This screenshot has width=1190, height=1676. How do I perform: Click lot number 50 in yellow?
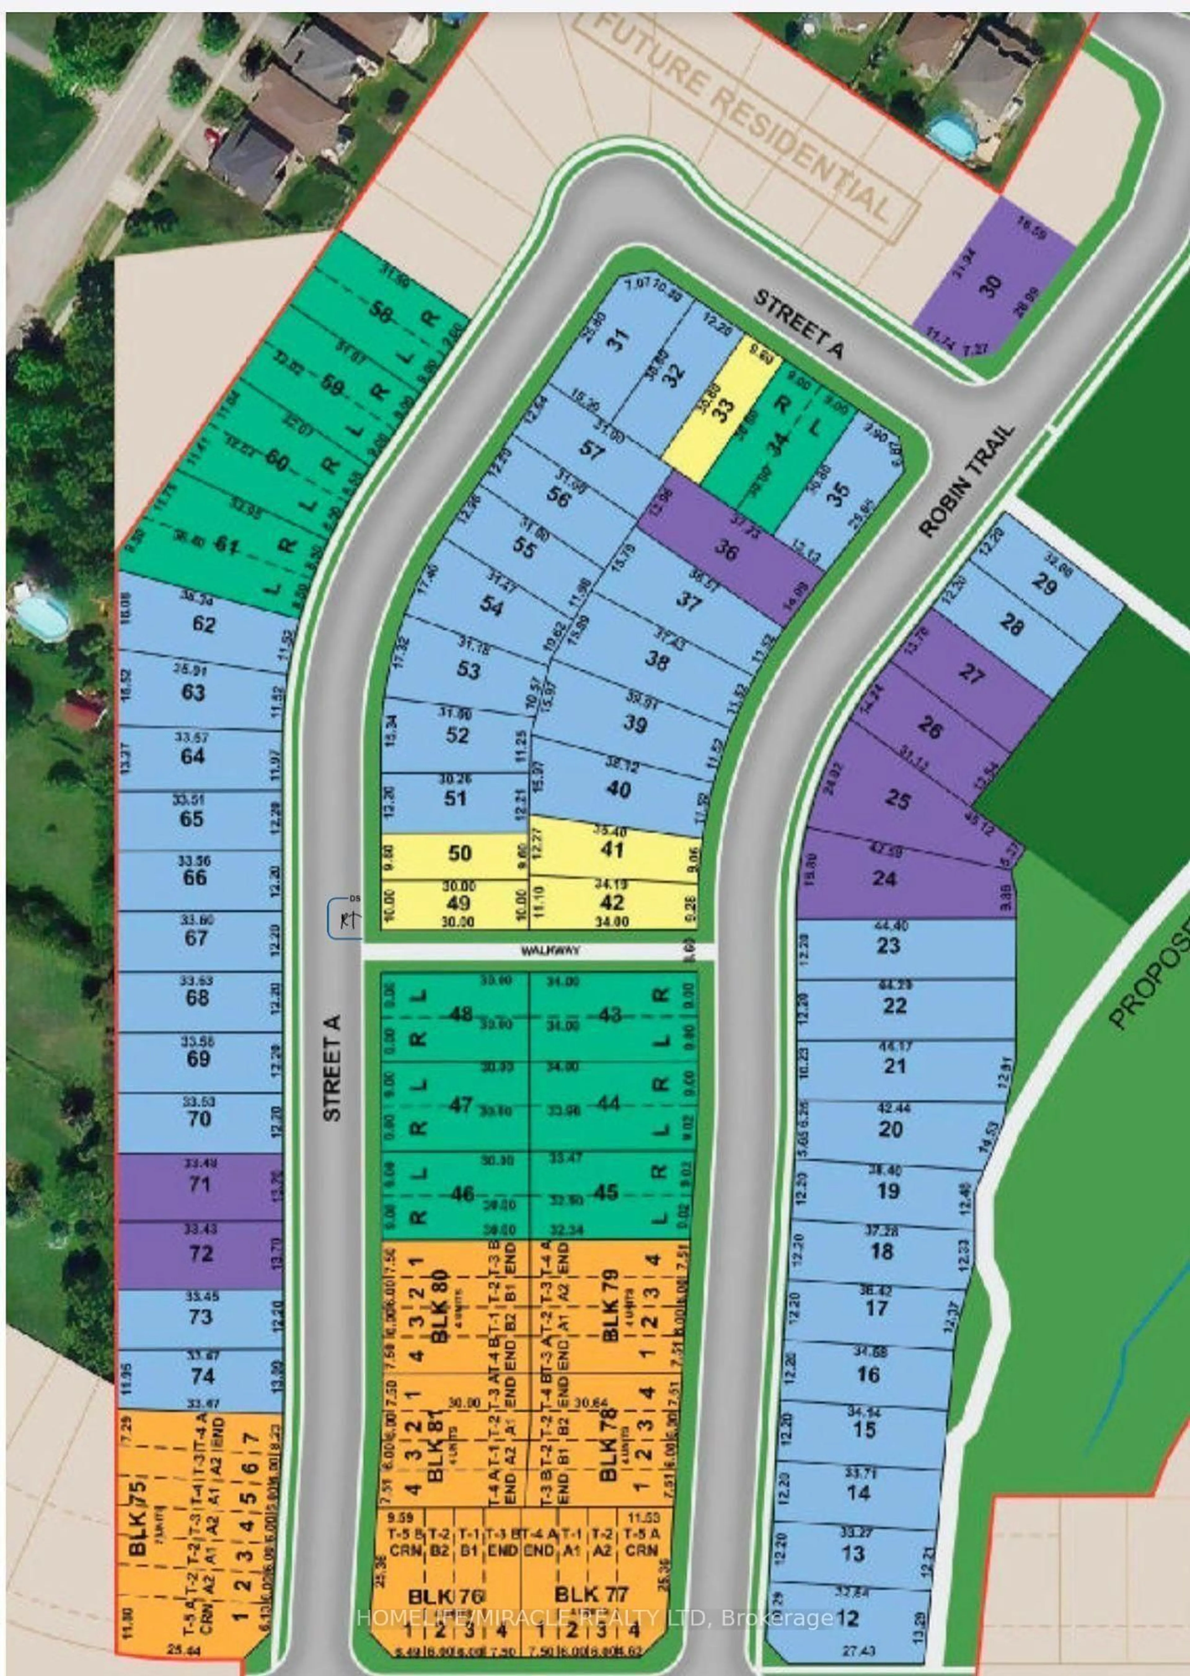tap(459, 853)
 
